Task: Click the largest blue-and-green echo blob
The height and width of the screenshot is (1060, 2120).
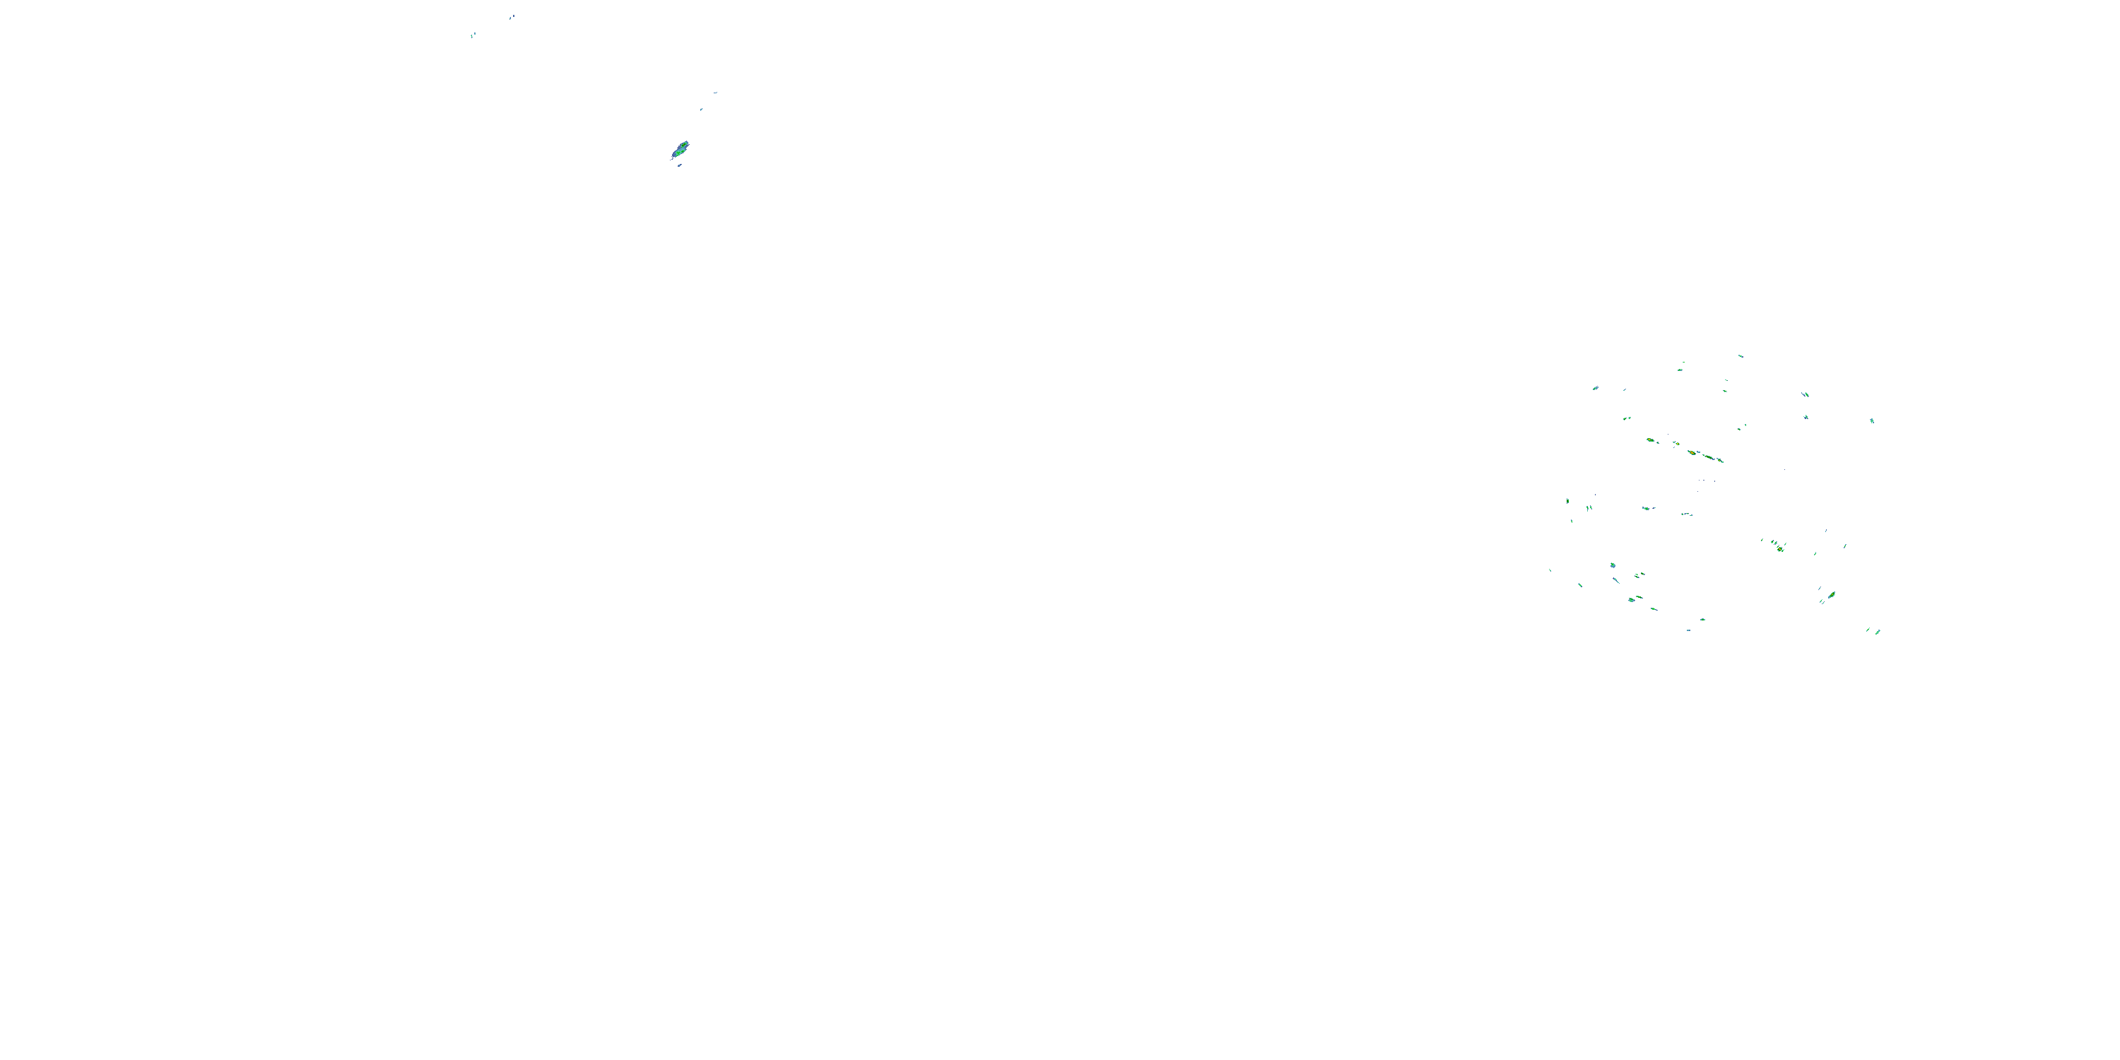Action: click(681, 150)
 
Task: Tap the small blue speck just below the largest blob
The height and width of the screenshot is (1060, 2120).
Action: click(680, 165)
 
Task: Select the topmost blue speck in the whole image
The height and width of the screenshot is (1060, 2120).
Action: click(512, 16)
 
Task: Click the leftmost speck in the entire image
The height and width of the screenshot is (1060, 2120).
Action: click(472, 35)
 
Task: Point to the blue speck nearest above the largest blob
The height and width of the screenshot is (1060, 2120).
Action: click(701, 110)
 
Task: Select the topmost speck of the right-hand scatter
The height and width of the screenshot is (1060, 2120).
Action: click(1740, 355)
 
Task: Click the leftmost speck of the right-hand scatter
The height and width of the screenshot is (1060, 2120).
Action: click(1550, 570)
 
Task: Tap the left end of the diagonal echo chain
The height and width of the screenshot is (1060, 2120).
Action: click(1649, 440)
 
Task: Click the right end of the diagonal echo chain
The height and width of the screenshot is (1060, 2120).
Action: click(1720, 460)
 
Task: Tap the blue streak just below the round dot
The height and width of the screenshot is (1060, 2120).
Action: click(1616, 580)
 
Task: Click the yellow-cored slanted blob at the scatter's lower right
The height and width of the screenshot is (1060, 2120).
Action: click(1831, 594)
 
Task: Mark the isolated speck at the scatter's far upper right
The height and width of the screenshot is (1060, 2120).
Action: click(1872, 420)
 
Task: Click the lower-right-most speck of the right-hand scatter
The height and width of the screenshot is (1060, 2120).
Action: click(1877, 632)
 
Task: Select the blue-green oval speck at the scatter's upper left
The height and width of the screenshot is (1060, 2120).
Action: click(1595, 388)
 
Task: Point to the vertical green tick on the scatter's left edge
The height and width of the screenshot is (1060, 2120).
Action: click(1567, 500)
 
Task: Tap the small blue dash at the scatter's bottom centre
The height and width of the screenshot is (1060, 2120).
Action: click(1688, 630)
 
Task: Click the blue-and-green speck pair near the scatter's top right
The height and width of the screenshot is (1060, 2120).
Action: click(1806, 394)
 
